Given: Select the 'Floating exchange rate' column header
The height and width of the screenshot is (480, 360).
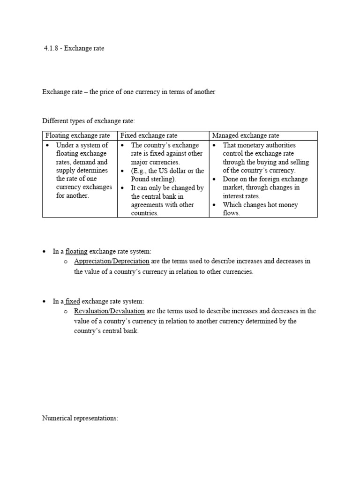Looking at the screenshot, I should pyautogui.click(x=77, y=135).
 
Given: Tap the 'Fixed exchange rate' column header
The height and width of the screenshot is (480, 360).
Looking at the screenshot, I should pyautogui.click(x=149, y=135).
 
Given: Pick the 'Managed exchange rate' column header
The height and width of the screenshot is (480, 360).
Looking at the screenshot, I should pyautogui.click(x=245, y=135).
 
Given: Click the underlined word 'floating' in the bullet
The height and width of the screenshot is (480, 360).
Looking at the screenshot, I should pyautogui.click(x=76, y=252).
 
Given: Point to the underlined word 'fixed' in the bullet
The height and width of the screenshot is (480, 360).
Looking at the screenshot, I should pyautogui.click(x=72, y=301).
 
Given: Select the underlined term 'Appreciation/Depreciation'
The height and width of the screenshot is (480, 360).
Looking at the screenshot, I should pyautogui.click(x=112, y=261).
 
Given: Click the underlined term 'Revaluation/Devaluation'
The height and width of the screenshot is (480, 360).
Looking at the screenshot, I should pyautogui.click(x=110, y=311).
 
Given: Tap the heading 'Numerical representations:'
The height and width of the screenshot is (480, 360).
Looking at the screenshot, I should pyautogui.click(x=80, y=418).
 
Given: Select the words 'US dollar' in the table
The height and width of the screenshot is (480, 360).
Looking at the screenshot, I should pyautogui.click(x=172, y=171).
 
